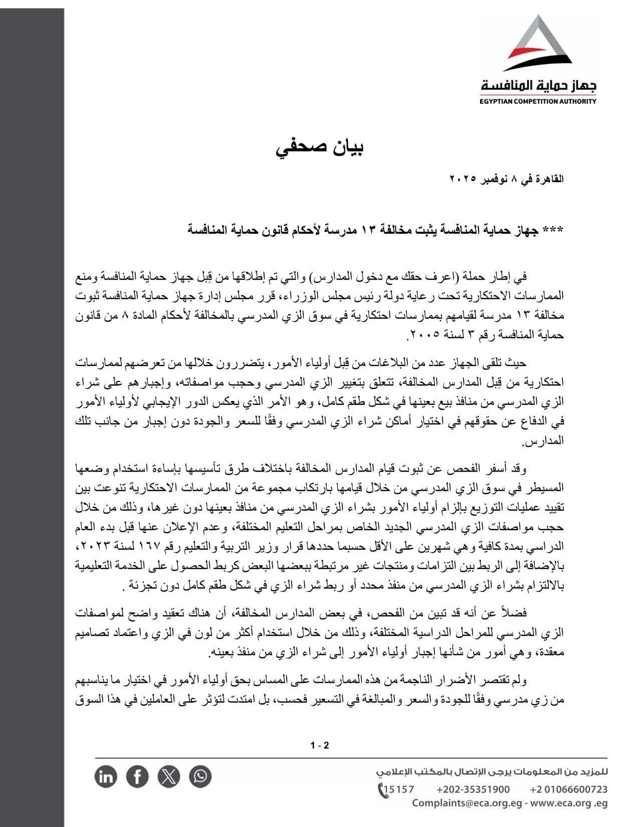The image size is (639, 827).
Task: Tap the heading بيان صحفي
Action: click(x=319, y=148)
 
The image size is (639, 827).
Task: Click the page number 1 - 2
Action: click(x=319, y=745)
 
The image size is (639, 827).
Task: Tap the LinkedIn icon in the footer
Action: click(x=106, y=776)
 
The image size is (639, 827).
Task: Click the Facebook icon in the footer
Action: click(x=137, y=776)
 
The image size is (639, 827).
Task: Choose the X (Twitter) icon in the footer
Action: click(x=169, y=776)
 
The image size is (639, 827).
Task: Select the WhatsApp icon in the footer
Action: click(x=200, y=776)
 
